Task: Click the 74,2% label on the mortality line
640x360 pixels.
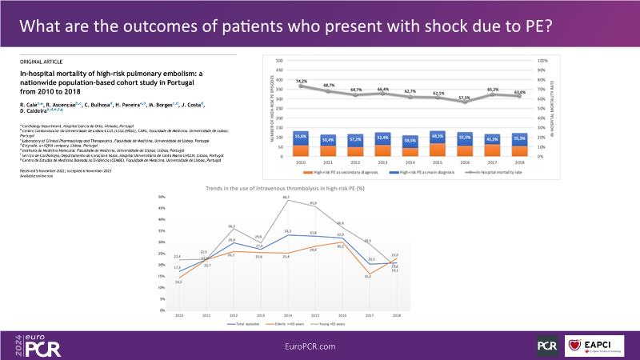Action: pos(301,82)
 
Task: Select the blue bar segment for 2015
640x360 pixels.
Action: pos(438,137)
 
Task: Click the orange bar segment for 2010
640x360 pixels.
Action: pos(301,150)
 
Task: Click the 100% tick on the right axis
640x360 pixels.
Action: pos(542,61)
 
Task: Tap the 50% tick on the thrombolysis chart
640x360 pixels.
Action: pos(162,197)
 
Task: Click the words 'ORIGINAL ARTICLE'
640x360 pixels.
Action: pos(38,62)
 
